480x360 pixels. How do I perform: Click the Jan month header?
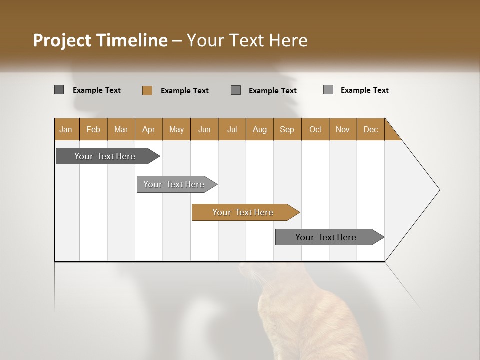pos(66,129)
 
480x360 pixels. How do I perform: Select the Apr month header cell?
pos(149,129)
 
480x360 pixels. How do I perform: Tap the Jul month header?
pos(232,129)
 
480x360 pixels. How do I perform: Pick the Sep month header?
pos(287,129)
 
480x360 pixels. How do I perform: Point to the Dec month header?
pos(370,129)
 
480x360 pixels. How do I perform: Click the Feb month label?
pos(93,129)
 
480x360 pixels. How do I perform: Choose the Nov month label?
pos(343,129)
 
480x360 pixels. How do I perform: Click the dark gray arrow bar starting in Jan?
pos(105,156)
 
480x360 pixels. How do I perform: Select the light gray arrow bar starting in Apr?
pos(174,184)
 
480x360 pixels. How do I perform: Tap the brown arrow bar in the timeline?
pos(243,212)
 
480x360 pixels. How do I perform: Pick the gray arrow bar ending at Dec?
pos(326,237)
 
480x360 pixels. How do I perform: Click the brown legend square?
pos(147,90)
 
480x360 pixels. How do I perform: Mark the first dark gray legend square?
pos(59,90)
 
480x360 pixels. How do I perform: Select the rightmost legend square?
pos(328,90)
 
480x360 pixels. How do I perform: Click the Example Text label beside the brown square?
pos(184,91)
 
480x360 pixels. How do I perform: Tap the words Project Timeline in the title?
pos(100,40)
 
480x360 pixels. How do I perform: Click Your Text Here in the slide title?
pos(247,40)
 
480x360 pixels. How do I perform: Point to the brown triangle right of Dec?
pos(391,133)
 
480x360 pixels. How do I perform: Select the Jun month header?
pos(204,129)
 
